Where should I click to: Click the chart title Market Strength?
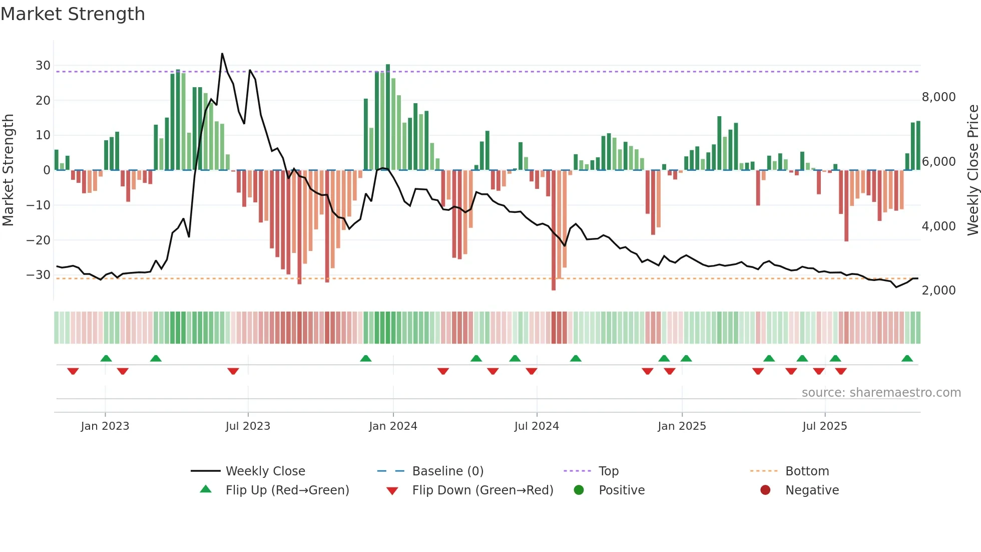click(x=73, y=14)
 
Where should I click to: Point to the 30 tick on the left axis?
click(x=43, y=66)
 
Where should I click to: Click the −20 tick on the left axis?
click(x=39, y=240)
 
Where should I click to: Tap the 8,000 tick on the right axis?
click(x=938, y=97)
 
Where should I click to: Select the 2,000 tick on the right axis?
click(x=938, y=291)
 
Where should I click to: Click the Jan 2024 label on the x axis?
click(x=393, y=426)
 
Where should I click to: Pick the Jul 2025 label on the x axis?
click(x=824, y=426)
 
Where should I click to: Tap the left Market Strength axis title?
click(x=9, y=170)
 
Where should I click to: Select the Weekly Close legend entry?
click(x=265, y=471)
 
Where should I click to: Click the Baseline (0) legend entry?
click(x=447, y=471)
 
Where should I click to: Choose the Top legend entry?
click(x=609, y=471)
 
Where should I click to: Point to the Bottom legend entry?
click(x=807, y=471)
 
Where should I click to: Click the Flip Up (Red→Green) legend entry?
click(x=287, y=490)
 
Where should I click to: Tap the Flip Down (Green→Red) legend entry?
click(x=482, y=490)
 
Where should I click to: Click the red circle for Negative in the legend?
click(x=765, y=490)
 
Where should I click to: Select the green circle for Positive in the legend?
click(x=579, y=490)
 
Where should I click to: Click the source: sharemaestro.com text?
click(x=881, y=393)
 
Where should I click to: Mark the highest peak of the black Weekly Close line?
click(x=222, y=54)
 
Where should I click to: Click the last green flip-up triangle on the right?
click(x=907, y=359)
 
